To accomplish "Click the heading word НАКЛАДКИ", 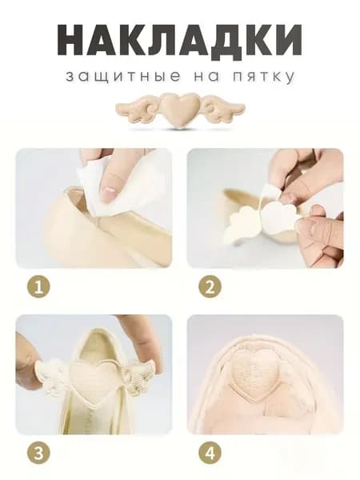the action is (x=180, y=40).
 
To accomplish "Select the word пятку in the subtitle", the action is (x=263, y=77).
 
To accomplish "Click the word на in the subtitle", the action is (x=207, y=77).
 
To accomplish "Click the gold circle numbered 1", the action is (x=38, y=287).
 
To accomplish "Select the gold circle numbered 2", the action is (x=210, y=287).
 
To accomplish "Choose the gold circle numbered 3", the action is (x=38, y=453).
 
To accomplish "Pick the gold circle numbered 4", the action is (x=210, y=453).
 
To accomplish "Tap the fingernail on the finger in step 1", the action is (x=108, y=195).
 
